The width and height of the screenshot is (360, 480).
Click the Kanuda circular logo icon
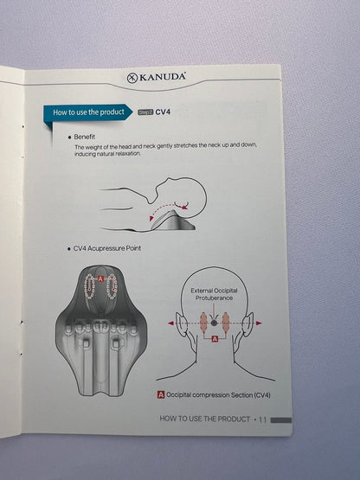click(132, 78)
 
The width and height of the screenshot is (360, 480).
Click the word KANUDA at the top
click(163, 76)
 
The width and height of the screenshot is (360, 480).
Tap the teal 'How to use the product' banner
click(88, 112)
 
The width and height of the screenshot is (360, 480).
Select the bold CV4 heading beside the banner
click(163, 112)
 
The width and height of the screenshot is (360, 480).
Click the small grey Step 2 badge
click(145, 112)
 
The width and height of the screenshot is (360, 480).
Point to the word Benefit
click(85, 137)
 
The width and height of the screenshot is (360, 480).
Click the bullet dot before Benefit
click(69, 138)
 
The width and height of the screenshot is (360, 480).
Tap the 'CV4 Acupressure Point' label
click(107, 248)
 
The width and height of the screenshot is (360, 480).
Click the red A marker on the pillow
click(100, 278)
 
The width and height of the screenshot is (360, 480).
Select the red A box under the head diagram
click(215, 339)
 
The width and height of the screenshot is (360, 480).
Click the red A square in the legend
click(161, 395)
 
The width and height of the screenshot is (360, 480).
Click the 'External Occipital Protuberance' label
click(214, 294)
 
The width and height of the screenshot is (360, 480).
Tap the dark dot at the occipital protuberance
click(214, 323)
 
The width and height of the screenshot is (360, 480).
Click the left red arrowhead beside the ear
click(170, 323)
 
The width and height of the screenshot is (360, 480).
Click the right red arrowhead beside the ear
click(259, 323)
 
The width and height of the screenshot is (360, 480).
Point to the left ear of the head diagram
click(181, 324)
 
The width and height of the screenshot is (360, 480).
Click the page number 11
click(262, 419)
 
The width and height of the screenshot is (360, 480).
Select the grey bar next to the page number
click(281, 420)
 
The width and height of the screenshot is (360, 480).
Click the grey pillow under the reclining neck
click(173, 221)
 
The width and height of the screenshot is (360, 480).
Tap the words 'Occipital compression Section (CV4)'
click(218, 395)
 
